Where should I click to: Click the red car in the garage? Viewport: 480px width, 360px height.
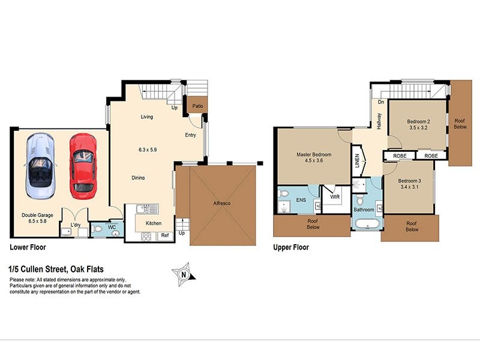point(82,166)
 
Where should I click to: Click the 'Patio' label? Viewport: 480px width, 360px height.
point(197,106)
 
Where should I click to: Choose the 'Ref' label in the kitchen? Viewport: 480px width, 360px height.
point(164,236)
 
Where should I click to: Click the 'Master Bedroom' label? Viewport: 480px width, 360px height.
point(314,154)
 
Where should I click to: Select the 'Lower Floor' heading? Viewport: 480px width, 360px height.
point(27,247)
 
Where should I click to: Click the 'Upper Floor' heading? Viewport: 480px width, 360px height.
point(291,247)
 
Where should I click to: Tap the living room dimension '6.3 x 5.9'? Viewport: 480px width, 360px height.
point(146,149)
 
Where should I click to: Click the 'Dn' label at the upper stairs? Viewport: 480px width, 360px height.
point(380,102)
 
